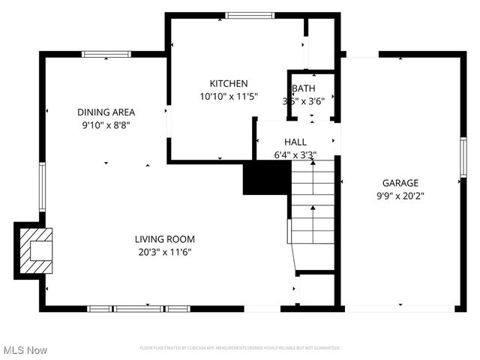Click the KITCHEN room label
pyautogui.click(x=229, y=83)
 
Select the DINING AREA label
pyautogui.click(x=106, y=112)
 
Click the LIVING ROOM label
pyautogui.click(x=165, y=239)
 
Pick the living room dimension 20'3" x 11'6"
pyautogui.click(x=165, y=252)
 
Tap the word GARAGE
pyautogui.click(x=400, y=182)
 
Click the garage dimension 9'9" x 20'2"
pyautogui.click(x=400, y=195)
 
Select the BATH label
pyautogui.click(x=304, y=88)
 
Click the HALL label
pyautogui.click(x=295, y=142)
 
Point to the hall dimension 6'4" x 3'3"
pyautogui.click(x=295, y=155)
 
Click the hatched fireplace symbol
pyautogui.click(x=35, y=250)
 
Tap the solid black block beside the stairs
pyautogui.click(x=266, y=178)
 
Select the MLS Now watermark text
pyautogui.click(x=25, y=350)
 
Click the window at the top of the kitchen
pyautogui.click(x=250, y=14)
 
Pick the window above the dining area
pyautogui.click(x=107, y=53)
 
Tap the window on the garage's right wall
pyautogui.click(x=463, y=157)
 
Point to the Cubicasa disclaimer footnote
pyautogui.click(x=240, y=348)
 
